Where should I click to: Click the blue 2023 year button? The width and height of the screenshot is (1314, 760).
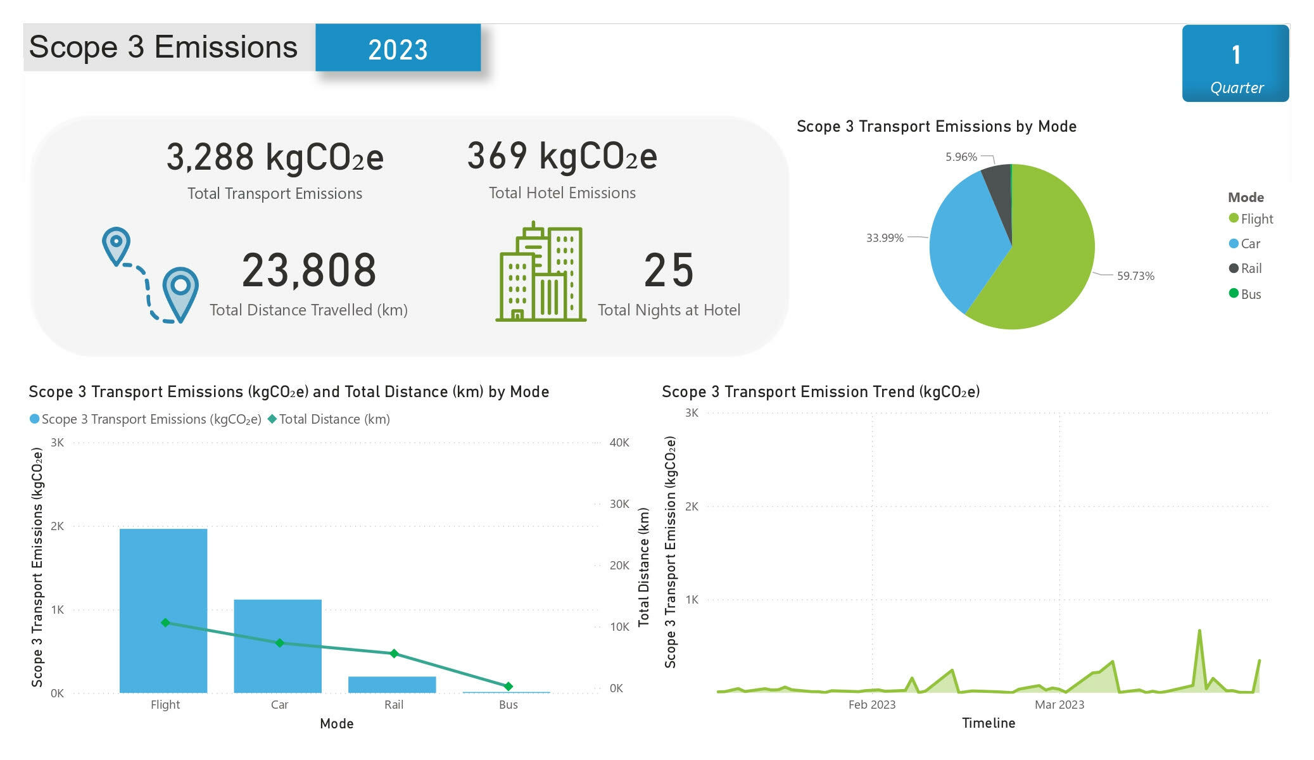(x=398, y=48)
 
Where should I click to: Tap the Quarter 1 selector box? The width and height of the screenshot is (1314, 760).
(x=1235, y=63)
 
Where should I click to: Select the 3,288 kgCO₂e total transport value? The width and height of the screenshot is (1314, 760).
(x=275, y=157)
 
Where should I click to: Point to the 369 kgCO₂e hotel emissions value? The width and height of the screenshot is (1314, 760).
(x=562, y=156)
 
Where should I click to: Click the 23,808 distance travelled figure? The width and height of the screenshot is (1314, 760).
(x=309, y=270)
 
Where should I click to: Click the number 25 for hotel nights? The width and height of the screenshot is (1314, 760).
(x=669, y=270)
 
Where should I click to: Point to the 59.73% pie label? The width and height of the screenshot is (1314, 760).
(x=1135, y=276)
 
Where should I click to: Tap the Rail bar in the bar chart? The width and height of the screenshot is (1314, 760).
(x=392, y=685)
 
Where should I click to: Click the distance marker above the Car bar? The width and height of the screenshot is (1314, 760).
(x=280, y=643)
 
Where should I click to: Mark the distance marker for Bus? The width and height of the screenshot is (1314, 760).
(x=508, y=687)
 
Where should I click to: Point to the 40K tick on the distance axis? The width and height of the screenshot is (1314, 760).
(x=619, y=443)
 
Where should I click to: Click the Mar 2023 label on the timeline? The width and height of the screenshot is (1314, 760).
(x=1059, y=705)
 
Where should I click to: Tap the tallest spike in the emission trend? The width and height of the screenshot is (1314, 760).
(x=1199, y=631)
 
